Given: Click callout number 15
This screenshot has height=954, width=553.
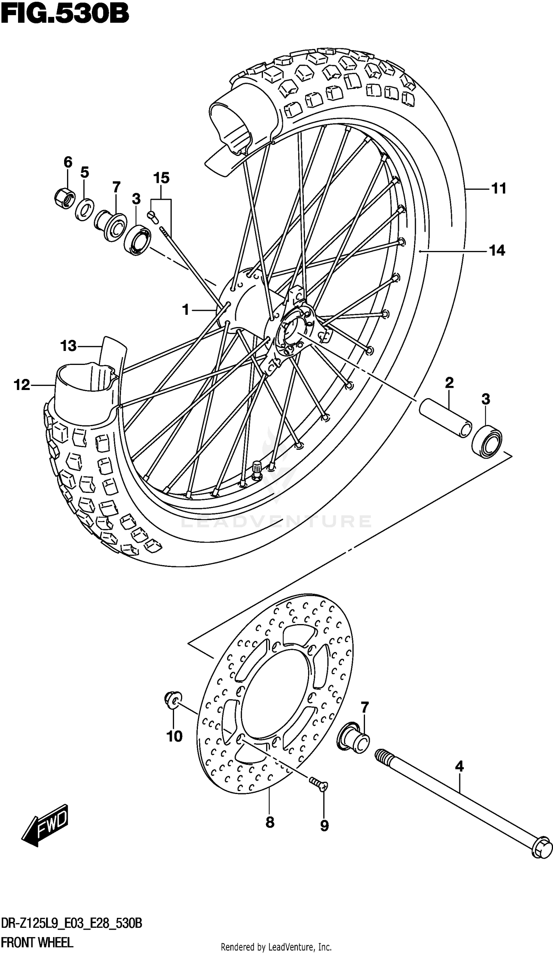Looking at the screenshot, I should pos(161,178).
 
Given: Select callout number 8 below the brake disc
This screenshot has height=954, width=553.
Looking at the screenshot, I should pos(269,822).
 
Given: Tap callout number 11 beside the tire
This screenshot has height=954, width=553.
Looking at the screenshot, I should pos(498,188).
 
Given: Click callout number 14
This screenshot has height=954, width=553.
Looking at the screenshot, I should pos(497,250).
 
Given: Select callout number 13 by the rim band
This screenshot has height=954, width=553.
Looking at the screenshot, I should pos(68,346).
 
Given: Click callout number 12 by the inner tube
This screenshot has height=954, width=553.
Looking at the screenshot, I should pos(22,385).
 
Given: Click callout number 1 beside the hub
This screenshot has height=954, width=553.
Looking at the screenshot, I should pos(185,310).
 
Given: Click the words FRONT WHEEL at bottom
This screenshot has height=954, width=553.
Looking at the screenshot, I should pos(37,942).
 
